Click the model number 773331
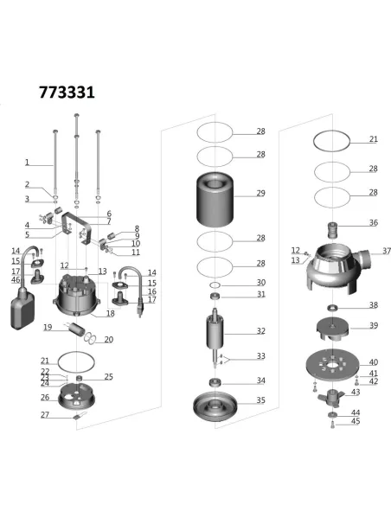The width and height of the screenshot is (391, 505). (67, 91)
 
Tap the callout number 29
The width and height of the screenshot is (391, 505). (260, 194)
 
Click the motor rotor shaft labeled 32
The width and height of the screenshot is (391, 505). (214, 333)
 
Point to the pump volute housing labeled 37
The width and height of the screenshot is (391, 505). (332, 269)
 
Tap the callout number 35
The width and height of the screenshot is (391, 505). (260, 400)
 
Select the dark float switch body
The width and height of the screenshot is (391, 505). (22, 308)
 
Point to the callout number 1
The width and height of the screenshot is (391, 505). (27, 162)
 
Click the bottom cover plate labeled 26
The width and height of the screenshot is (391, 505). (79, 399)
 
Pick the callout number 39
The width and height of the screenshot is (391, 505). (373, 325)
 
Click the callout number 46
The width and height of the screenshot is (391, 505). (16, 280)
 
